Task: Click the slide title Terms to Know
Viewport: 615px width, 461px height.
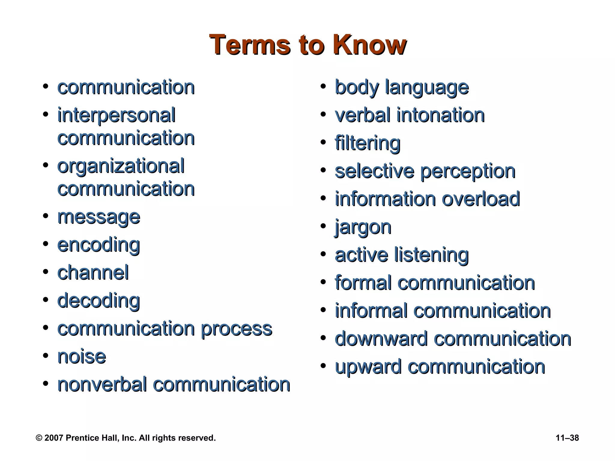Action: pos(307,45)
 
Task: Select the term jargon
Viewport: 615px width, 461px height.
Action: pos(363,227)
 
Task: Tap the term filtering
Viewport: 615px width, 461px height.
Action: pos(368,143)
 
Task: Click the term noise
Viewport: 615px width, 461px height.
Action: pos(82,357)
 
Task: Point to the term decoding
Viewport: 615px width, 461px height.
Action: pos(98,301)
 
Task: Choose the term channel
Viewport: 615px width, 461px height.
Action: pos(93,273)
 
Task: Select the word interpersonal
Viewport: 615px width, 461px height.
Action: pos(117,116)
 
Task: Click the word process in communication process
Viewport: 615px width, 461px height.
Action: pos(236,329)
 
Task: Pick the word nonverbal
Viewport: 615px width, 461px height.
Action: pos(102,385)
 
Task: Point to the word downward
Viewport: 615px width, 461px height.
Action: pos(381,339)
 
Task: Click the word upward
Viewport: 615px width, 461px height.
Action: pos(368,367)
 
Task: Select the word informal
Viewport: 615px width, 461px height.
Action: pos(371,311)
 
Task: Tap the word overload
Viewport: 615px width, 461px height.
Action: pos(481,199)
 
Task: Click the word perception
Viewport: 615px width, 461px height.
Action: pos(468,171)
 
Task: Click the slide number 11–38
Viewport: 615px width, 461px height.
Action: pos(567,438)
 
